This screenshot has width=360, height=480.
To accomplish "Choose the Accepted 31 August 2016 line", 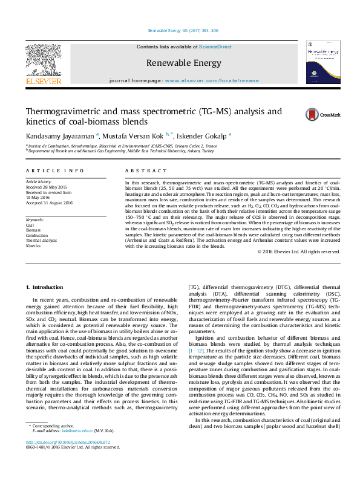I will click(49, 203).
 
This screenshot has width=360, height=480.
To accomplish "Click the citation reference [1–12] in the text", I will click(196, 350).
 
